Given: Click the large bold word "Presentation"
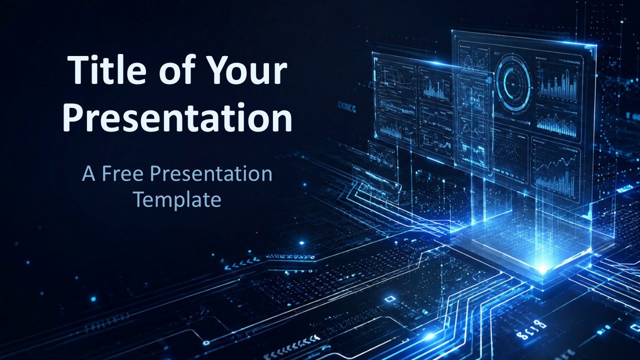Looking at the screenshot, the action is point(177,117).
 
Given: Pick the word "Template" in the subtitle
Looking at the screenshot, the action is point(177,199).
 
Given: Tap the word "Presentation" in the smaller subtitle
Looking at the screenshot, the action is point(211,174).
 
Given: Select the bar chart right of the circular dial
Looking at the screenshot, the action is point(557,83).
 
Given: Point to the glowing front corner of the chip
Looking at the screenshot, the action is point(541,269).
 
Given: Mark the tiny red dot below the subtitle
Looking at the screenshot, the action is point(257,232).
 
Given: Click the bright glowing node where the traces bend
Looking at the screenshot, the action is point(428,336).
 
